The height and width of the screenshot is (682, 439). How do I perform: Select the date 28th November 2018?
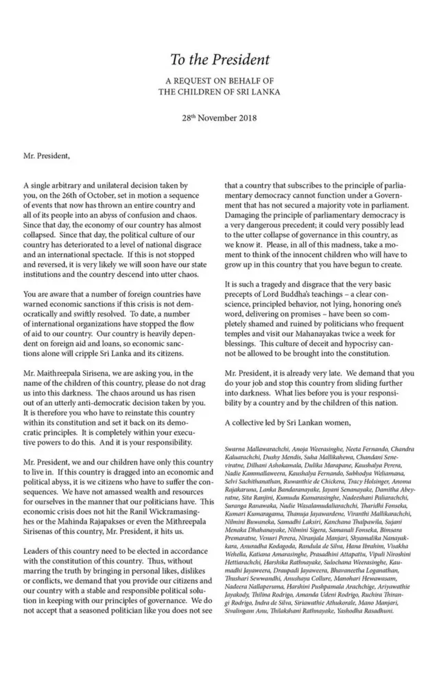(x=220, y=119)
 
